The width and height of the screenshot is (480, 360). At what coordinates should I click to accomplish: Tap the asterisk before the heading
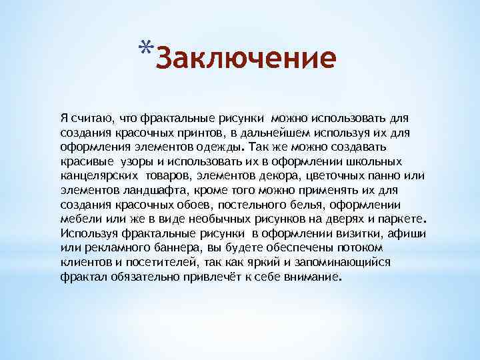147,48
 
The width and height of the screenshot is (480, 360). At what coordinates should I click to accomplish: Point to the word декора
282,175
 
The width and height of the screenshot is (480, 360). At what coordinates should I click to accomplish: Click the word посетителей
147,262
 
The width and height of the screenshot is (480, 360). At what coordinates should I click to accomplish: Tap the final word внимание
311,277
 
